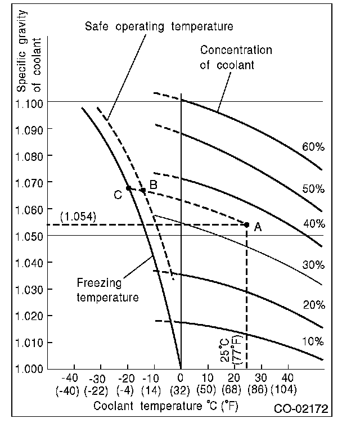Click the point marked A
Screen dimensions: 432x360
(x=246, y=224)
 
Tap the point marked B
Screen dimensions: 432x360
(x=143, y=190)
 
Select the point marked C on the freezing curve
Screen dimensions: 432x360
(x=128, y=188)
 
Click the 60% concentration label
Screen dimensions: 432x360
(x=313, y=147)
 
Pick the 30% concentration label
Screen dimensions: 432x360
(x=313, y=264)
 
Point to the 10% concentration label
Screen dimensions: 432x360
(x=313, y=341)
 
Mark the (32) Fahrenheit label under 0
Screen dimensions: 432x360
(x=181, y=389)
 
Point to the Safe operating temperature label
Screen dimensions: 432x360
(x=159, y=26)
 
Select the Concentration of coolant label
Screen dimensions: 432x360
(x=236, y=57)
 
